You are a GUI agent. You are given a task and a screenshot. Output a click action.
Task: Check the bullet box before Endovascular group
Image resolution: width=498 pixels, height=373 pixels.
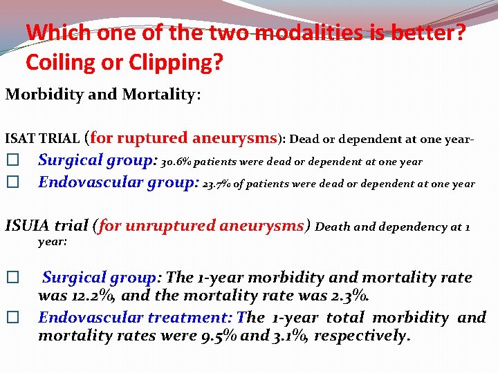click(10, 184)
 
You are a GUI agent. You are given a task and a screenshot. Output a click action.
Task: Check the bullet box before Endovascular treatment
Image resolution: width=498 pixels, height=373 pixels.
click(10, 318)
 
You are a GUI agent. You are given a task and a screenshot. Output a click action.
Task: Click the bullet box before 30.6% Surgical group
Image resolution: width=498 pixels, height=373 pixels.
click(10, 161)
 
